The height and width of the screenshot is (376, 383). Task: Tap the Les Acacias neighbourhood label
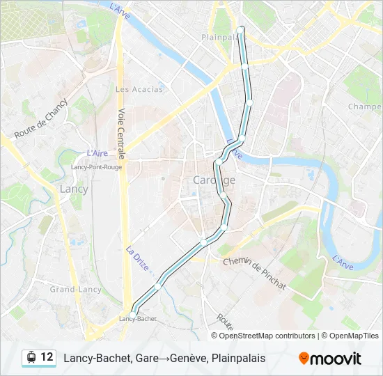[139, 89]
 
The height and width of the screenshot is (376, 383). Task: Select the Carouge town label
[213, 180]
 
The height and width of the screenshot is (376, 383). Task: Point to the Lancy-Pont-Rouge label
[96, 167]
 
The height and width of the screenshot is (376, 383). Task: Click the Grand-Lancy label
[75, 290]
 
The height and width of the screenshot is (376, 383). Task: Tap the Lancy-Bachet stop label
[137, 319]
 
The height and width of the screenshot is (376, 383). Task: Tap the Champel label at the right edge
[364, 107]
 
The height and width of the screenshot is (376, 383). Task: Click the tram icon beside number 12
[31, 357]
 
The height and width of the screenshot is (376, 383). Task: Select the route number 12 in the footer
[47, 357]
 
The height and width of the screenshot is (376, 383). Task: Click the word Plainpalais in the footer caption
[238, 358]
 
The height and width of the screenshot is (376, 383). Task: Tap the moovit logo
[330, 358]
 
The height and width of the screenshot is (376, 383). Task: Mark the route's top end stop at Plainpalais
[241, 29]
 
